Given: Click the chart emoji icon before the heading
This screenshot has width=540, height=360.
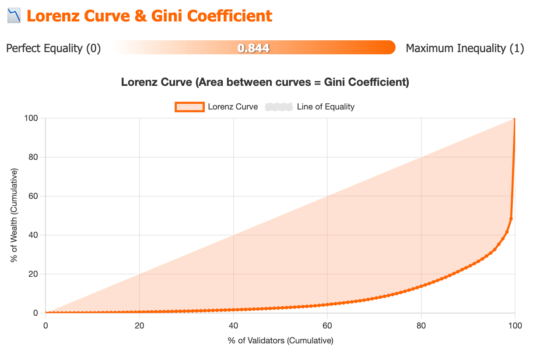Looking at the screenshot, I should (14, 16).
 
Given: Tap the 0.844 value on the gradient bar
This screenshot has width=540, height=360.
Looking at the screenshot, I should (253, 48).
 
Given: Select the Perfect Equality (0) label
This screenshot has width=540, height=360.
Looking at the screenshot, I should (53, 48).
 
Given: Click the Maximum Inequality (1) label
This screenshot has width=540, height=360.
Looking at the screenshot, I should (465, 48).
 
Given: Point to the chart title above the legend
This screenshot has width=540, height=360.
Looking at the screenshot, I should (265, 82).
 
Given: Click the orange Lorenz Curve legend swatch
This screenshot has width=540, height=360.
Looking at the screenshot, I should (189, 106).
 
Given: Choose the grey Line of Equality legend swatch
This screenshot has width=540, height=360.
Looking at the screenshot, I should (278, 106).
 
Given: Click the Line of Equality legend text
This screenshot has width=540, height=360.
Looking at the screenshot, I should (326, 106).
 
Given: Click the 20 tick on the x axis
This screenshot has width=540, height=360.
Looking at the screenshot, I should (139, 325).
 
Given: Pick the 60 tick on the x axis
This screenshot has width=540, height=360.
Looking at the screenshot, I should (327, 325).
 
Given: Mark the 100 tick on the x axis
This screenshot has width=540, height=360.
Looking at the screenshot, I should (515, 325).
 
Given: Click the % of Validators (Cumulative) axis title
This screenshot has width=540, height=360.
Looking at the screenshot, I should (281, 340).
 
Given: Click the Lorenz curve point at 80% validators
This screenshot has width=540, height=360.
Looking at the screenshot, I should (421, 286).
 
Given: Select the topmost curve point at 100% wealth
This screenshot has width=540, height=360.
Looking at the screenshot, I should (515, 119).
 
